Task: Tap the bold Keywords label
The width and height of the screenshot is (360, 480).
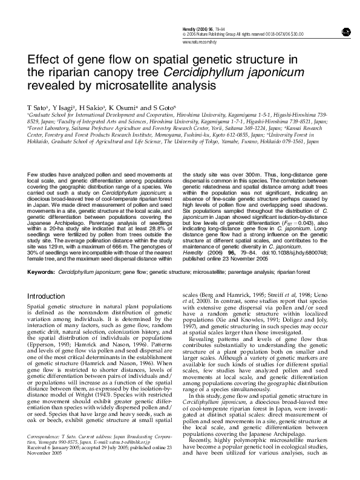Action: (41, 272)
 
